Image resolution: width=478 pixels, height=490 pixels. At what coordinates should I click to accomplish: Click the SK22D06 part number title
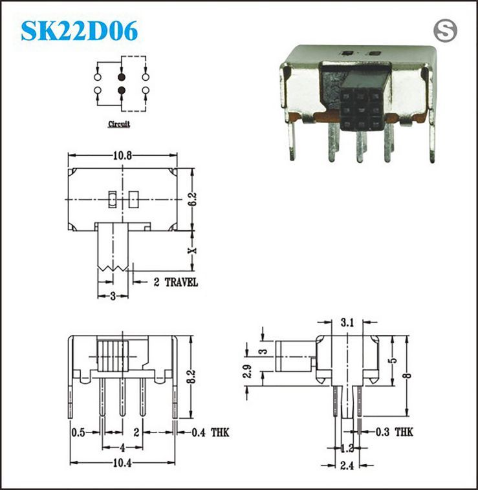click(80, 31)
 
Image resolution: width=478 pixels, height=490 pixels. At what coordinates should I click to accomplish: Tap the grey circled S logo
click(445, 31)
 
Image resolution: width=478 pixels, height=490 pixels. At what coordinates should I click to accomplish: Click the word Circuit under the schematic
click(119, 124)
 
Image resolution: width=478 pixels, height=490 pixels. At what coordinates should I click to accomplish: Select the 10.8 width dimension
click(122, 156)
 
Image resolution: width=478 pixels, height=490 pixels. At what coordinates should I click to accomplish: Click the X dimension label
click(193, 250)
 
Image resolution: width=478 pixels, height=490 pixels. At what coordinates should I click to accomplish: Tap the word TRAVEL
click(181, 282)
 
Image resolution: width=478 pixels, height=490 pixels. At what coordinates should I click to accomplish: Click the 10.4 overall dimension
click(122, 463)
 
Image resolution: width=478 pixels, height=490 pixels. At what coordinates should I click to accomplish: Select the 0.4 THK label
click(210, 432)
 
